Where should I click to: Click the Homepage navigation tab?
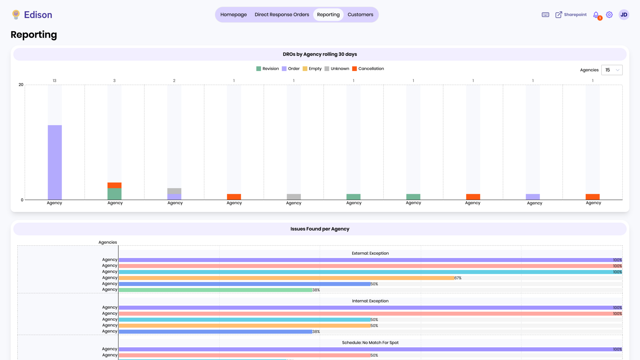[x=233, y=15]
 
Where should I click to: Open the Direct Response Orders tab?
[x=282, y=15]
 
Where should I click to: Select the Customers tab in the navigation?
[x=360, y=15]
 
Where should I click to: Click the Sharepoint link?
[x=571, y=15]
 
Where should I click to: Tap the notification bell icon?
[x=596, y=15]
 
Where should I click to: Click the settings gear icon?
[x=609, y=15]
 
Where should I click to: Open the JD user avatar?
[x=624, y=15]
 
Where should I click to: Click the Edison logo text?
[x=38, y=15]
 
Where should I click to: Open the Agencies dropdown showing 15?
[x=612, y=70]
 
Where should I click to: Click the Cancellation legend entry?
[x=368, y=69]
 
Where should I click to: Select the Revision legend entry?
[x=267, y=69]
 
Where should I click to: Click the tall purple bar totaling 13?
[x=55, y=162]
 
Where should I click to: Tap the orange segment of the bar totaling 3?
[x=114, y=185]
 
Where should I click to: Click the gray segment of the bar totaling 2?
[x=174, y=191]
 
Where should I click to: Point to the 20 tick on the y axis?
[x=21, y=85]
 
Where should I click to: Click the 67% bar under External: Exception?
[x=286, y=278]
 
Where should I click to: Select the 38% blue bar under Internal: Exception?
[x=215, y=332]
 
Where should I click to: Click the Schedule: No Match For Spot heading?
[x=370, y=343]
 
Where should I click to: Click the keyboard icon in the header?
[x=545, y=15]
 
